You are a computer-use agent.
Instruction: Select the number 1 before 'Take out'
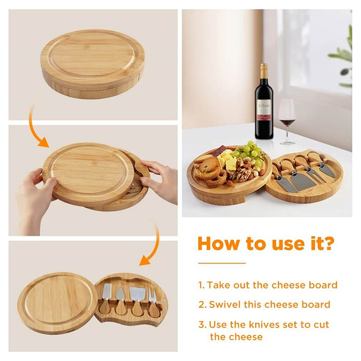pos(201,285)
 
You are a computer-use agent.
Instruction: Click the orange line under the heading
pos(222,263)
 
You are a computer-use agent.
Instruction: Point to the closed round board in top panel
pos(93,64)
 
